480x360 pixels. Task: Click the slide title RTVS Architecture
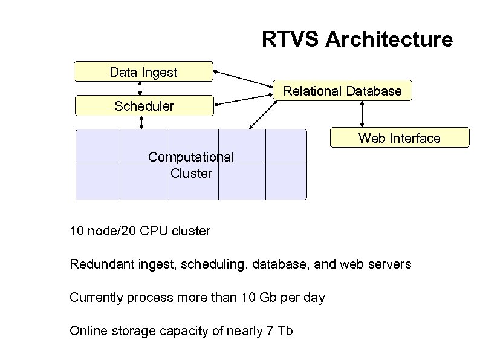click(x=357, y=39)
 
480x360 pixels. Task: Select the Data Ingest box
click(x=143, y=72)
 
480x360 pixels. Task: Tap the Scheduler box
click(x=143, y=106)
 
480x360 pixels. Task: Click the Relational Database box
click(x=342, y=91)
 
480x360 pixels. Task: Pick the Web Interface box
click(x=399, y=138)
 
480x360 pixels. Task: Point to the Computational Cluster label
click(x=191, y=165)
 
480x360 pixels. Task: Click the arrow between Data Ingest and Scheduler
click(x=140, y=88)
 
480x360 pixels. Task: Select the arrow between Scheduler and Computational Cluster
click(x=141, y=122)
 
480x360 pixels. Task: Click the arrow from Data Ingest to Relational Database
click(x=244, y=82)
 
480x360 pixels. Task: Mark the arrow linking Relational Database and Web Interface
click(x=362, y=114)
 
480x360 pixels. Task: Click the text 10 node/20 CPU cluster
click(x=140, y=231)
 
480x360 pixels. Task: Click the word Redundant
click(x=99, y=264)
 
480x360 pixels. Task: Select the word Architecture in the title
click(x=389, y=39)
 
